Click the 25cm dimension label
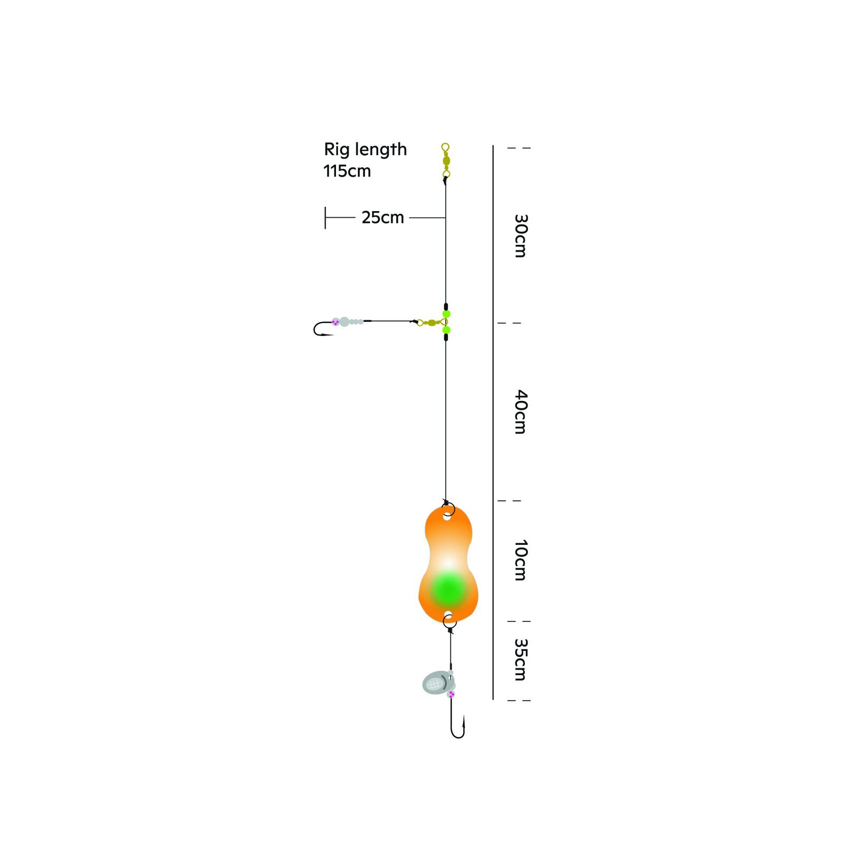[382, 217]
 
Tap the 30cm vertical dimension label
[521, 235]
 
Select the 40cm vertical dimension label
[521, 412]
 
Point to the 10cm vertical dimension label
[521, 560]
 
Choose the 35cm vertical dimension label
[521, 660]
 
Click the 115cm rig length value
[347, 171]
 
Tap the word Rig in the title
[336, 150]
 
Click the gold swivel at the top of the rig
[446, 160]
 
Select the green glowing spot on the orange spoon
[448, 589]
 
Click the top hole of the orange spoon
[447, 517]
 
